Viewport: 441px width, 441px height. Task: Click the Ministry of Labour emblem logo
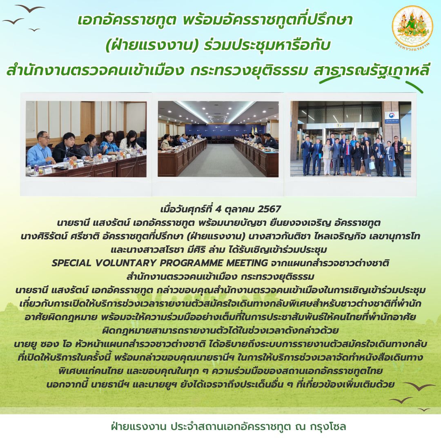[x=412, y=28]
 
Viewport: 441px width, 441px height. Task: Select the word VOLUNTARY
[x=125, y=263]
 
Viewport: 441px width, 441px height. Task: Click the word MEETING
[x=247, y=263]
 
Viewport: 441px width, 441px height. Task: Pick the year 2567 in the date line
[x=269, y=209]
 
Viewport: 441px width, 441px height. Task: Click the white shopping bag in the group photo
[x=372, y=165]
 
